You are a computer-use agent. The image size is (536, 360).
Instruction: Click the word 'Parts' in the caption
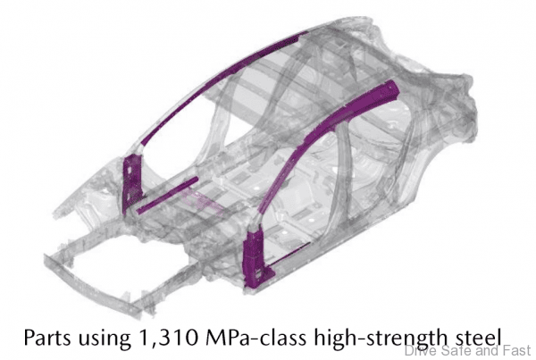47,337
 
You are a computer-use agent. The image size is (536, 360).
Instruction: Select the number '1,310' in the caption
168,338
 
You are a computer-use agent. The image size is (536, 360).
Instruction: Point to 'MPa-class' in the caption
255,337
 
